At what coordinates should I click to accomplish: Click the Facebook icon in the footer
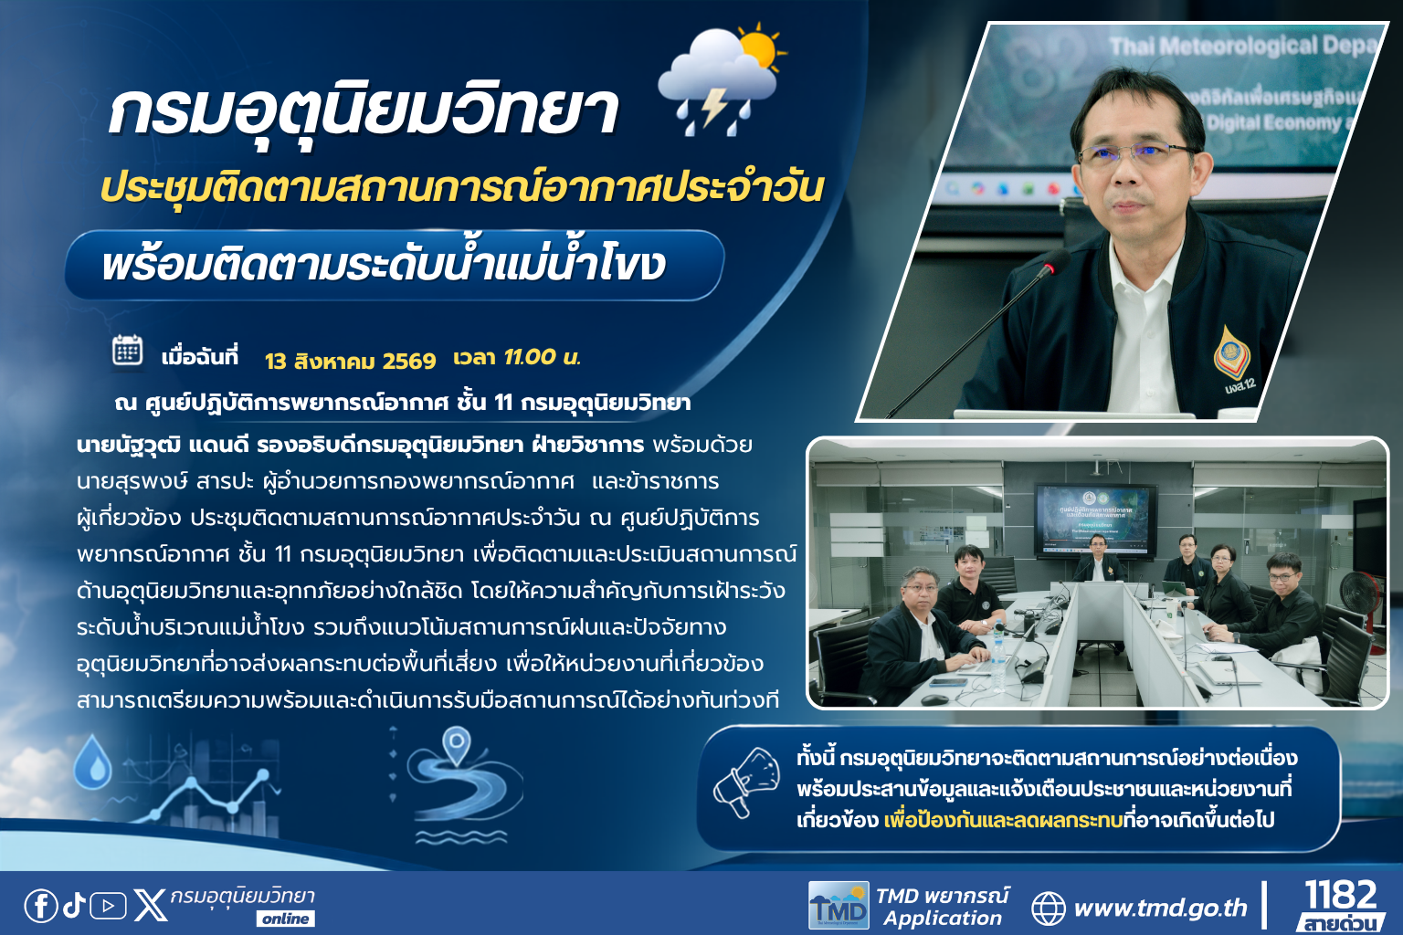41,906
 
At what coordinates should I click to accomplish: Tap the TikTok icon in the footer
75,905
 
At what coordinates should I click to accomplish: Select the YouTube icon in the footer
109,906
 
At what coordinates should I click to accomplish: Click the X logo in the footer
151,906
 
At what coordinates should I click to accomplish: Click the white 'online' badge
286,919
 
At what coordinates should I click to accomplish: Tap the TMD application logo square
839,906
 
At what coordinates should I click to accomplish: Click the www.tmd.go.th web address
1161,909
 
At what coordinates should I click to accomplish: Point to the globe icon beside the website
1049,909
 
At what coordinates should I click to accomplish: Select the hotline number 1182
1341,894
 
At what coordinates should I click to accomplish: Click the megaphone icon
746,783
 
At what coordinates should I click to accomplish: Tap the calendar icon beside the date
128,350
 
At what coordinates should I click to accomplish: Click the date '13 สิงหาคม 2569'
350,362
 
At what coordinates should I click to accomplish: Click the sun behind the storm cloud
759,48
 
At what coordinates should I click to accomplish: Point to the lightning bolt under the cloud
713,107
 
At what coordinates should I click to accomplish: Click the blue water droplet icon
92,762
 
